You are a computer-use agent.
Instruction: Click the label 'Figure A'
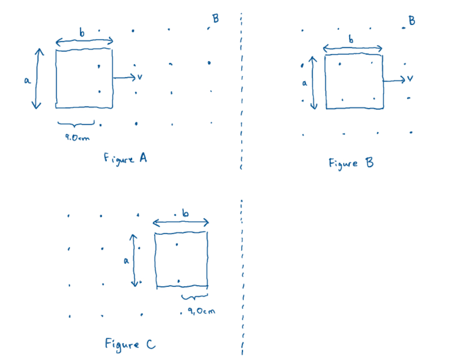(x=125, y=159)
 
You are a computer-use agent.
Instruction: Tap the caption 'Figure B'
(x=351, y=163)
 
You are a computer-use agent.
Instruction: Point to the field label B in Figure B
(x=412, y=21)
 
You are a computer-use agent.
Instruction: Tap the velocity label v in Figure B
(x=410, y=79)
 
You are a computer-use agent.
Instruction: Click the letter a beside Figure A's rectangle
(x=27, y=81)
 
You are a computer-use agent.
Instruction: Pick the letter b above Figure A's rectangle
(x=82, y=33)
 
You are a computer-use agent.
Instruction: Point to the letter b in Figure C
(x=185, y=214)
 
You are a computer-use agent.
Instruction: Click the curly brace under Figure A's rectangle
(x=76, y=125)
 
